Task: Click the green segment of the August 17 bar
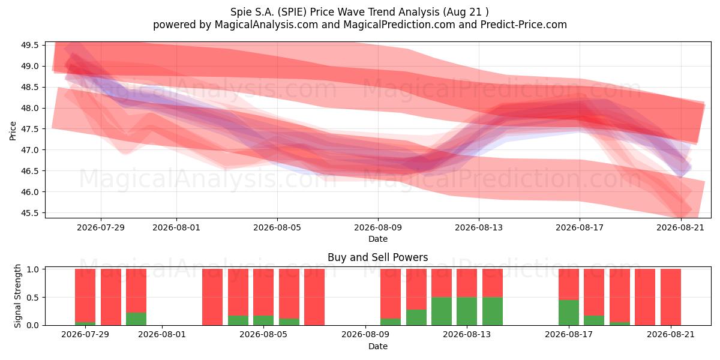click(569, 313)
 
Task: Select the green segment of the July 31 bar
click(136, 319)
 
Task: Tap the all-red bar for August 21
click(671, 297)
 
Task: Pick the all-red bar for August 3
click(212, 297)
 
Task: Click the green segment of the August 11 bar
click(416, 317)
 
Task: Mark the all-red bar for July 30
click(111, 297)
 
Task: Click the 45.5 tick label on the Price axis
click(30, 213)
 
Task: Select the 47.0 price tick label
click(30, 150)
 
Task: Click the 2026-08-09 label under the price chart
click(378, 227)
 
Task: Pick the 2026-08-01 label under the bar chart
click(162, 335)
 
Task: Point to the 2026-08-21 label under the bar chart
click(671, 335)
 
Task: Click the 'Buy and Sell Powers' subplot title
click(378, 257)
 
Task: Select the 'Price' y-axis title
click(13, 131)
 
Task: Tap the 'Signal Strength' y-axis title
click(17, 296)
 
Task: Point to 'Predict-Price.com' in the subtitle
click(524, 25)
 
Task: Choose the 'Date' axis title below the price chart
click(378, 239)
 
